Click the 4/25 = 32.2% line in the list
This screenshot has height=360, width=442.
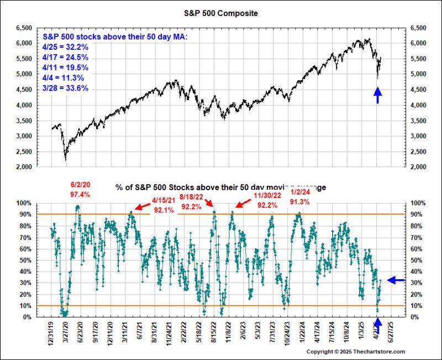pos(65,46)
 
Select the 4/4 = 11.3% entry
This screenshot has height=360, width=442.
pos(63,77)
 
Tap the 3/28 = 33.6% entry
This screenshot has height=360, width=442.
pos(65,88)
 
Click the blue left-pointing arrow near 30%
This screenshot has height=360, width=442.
pos(396,280)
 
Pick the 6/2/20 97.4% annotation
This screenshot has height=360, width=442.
pos(81,190)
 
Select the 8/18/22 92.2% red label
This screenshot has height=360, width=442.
pos(192,205)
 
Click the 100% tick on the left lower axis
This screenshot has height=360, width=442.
pos(24,203)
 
